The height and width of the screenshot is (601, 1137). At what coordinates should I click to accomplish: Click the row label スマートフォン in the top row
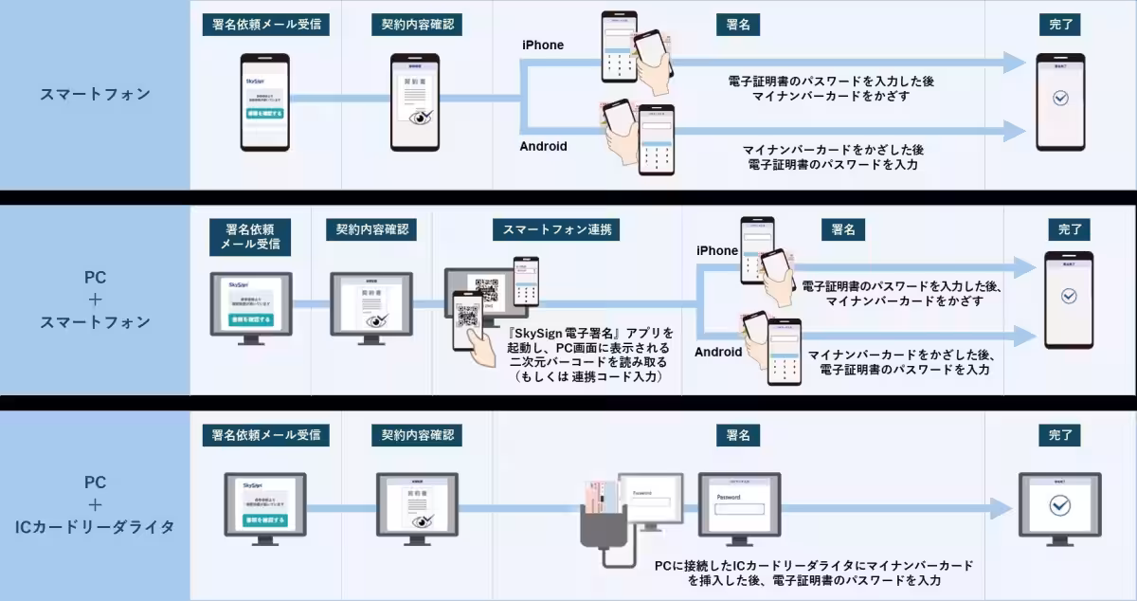[x=95, y=94]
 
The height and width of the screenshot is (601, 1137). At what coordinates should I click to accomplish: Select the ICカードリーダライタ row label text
[x=95, y=527]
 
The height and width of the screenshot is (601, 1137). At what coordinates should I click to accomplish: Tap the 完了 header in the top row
[x=1060, y=25]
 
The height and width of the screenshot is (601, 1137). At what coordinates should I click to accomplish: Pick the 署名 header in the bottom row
[x=738, y=435]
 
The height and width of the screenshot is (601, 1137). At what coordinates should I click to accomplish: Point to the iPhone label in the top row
[x=543, y=45]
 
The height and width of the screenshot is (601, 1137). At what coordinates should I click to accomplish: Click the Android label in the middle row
[x=718, y=352]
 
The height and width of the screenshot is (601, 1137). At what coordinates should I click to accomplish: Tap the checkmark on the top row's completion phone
[x=1060, y=98]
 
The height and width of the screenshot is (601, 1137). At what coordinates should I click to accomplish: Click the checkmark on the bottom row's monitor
[x=1059, y=504]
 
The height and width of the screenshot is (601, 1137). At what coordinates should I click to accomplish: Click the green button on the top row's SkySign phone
[x=264, y=113]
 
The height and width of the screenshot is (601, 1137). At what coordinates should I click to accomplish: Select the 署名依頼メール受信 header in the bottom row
[x=266, y=435]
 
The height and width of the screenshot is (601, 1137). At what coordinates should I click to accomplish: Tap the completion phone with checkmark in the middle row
[x=1069, y=298]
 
